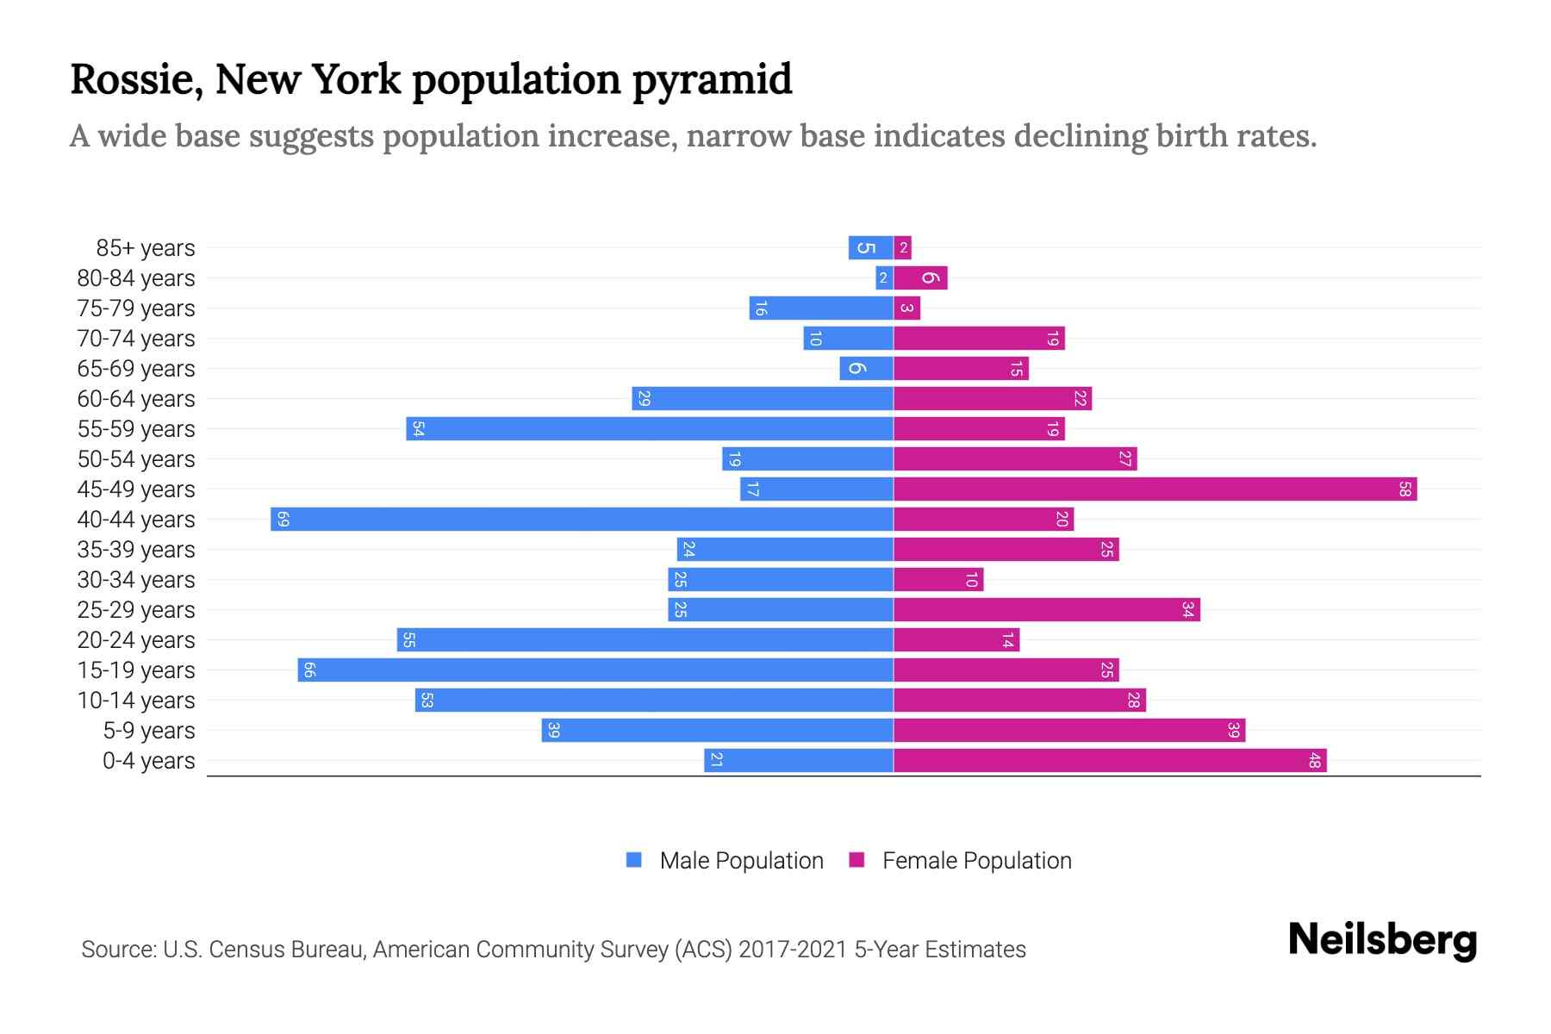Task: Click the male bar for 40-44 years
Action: click(582, 520)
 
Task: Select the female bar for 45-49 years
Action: click(1155, 489)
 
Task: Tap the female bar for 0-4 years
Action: click(1110, 761)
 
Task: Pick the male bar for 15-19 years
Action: click(595, 670)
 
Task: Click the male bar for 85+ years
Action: click(870, 248)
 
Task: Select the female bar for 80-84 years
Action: click(920, 278)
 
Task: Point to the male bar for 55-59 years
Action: click(650, 429)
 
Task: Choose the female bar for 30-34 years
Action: click(938, 580)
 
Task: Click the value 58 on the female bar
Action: click(1405, 489)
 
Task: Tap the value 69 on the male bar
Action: click(283, 520)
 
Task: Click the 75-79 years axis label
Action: click(136, 308)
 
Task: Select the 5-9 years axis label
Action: click(149, 731)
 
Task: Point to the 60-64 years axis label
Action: click(136, 399)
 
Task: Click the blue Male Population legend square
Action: click(634, 860)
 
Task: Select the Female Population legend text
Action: click(976, 861)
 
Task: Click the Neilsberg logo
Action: click(1382, 940)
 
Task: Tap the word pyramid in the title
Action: click(711, 79)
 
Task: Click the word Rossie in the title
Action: click(136, 79)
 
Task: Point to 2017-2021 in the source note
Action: click(793, 950)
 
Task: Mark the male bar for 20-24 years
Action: click(645, 640)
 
